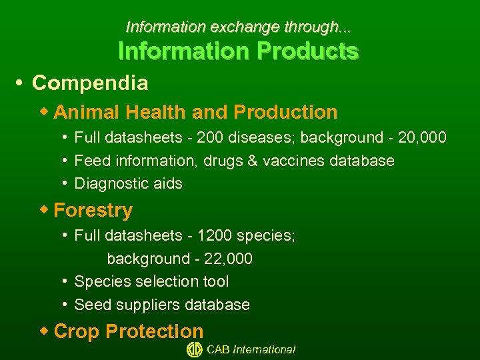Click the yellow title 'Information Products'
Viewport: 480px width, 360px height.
tap(238, 51)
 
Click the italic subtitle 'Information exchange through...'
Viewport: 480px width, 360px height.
tap(238, 27)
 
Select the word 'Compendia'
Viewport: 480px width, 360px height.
tap(90, 83)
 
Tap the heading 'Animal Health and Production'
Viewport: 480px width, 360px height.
tap(195, 112)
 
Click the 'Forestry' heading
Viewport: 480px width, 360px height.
tap(93, 211)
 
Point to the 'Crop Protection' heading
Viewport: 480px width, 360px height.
tap(128, 331)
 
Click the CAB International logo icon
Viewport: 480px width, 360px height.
tap(194, 349)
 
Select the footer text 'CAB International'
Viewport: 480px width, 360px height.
tap(251, 349)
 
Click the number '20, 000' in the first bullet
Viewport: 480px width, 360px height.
tap(422, 138)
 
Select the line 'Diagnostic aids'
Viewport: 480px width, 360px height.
tap(128, 184)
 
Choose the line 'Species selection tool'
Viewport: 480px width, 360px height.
tap(151, 282)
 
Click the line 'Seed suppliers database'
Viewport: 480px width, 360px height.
tap(162, 305)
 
